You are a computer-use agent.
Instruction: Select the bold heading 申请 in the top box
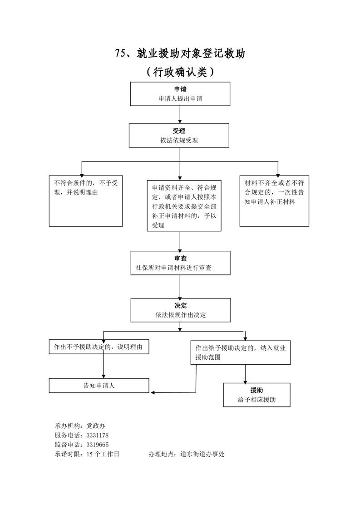pyautogui.click(x=180, y=89)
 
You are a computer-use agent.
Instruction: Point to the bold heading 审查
pyautogui.click(x=180, y=259)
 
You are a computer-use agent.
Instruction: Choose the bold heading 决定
pyautogui.click(x=180, y=305)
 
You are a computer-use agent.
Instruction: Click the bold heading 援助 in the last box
pyautogui.click(x=256, y=390)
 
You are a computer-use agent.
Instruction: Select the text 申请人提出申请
pyautogui.click(x=180, y=98)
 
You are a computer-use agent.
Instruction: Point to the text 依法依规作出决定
pyautogui.click(x=180, y=314)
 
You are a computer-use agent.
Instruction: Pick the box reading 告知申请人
pyautogui.click(x=99, y=386)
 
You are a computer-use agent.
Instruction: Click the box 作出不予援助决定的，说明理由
pyautogui.click(x=99, y=347)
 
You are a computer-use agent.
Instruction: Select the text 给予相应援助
pyautogui.click(x=256, y=400)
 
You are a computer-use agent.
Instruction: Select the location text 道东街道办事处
pyautogui.click(x=202, y=454)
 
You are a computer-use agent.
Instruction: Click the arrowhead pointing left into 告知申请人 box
pyautogui.click(x=152, y=392)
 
